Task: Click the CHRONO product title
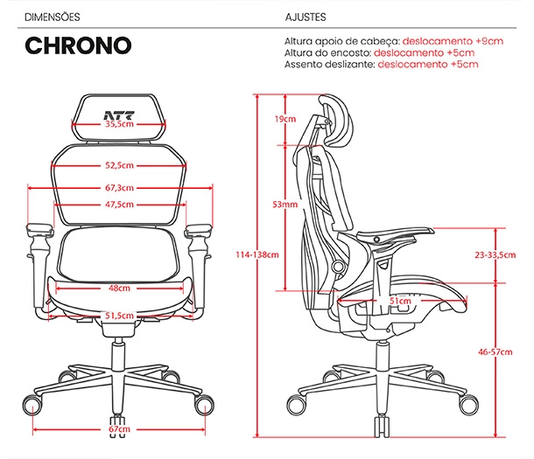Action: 78,45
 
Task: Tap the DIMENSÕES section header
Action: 53,17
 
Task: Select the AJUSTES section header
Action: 306,17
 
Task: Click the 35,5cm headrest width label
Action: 119,124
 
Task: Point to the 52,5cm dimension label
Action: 119,165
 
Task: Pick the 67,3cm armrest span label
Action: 119,188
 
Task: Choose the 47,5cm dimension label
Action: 119,205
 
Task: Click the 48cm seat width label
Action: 119,288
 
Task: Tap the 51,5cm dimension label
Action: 119,316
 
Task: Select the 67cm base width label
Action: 119,429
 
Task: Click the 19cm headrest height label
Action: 285,119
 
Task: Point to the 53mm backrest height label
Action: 285,205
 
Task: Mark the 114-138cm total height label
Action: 257,254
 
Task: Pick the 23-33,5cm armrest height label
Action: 495,254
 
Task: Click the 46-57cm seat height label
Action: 495,351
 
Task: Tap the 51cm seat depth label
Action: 400,301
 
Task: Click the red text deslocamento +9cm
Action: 453,41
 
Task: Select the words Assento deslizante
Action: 330,65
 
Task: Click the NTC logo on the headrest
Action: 119,115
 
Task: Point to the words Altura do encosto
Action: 327,52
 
